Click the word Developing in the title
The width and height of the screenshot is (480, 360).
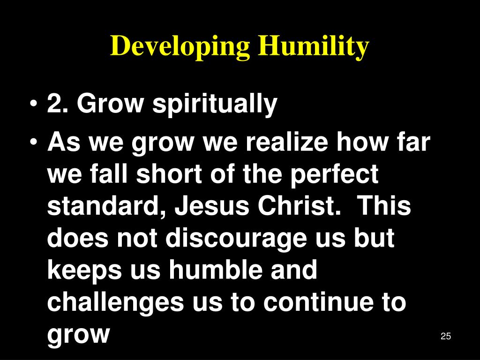click(x=180, y=47)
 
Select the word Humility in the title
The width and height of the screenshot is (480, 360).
click(x=313, y=47)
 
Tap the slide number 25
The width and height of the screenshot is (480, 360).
click(x=446, y=336)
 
